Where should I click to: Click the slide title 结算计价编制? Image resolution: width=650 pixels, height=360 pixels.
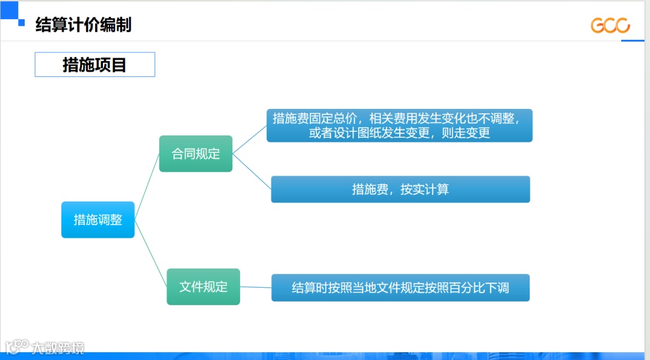(x=83, y=25)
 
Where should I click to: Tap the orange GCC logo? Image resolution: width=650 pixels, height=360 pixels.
(x=610, y=25)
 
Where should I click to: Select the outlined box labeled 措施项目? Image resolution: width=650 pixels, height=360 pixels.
(x=94, y=64)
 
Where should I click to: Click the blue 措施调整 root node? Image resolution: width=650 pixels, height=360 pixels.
(x=97, y=220)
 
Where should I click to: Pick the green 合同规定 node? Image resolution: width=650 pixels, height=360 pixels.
(x=196, y=154)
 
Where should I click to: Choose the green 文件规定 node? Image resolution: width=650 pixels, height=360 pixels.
(x=203, y=287)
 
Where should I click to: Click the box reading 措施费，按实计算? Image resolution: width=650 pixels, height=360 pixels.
(x=400, y=190)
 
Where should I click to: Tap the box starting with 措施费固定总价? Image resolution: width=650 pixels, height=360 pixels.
(x=400, y=125)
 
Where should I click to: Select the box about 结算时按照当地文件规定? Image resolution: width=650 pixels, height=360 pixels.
(x=400, y=288)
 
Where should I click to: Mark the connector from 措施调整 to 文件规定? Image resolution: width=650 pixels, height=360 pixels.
(x=150, y=253)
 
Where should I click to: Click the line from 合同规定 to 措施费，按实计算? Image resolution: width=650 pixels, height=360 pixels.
(x=252, y=171)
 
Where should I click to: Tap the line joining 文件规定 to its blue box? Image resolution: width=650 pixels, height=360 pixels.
(x=256, y=287)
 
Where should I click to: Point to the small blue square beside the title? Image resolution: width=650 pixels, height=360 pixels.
(x=22, y=23)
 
